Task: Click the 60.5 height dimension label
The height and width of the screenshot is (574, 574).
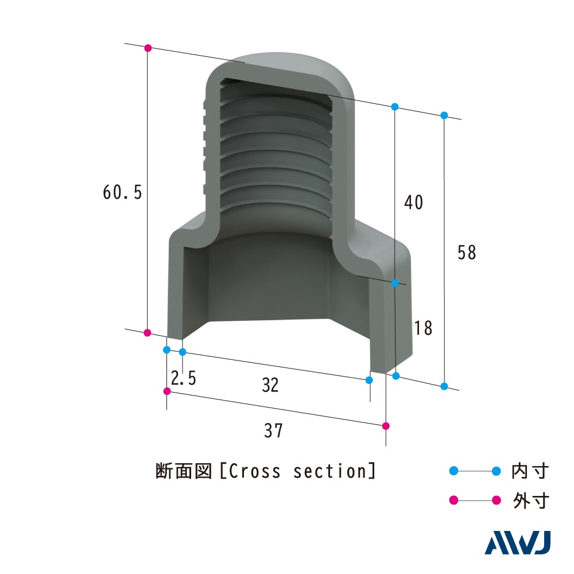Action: point(122,192)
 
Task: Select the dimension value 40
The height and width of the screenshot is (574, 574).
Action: point(414,202)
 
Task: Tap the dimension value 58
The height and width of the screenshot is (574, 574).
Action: point(467,253)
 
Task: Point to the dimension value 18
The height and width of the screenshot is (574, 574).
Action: point(423,328)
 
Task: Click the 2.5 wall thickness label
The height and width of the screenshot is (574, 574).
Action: point(184,378)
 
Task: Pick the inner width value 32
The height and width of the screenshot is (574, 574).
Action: point(270,385)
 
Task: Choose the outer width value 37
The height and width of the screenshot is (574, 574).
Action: point(273,430)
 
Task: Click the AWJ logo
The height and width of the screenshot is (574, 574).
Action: point(518,542)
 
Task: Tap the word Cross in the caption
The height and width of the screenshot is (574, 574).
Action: point(255,471)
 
